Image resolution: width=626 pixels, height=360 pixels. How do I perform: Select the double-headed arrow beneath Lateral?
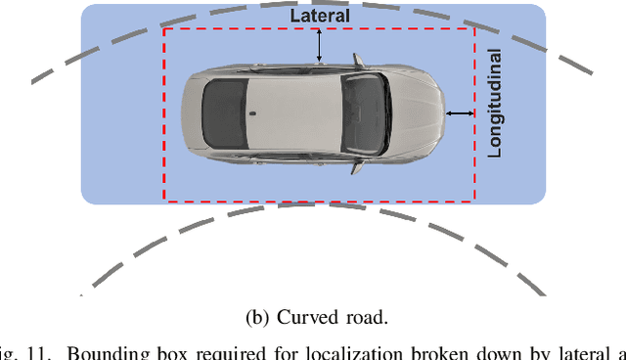318,44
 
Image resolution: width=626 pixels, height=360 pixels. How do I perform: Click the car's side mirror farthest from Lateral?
359,166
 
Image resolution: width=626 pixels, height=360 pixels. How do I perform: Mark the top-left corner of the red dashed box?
163,29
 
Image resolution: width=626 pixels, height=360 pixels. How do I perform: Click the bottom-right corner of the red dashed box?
474,201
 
